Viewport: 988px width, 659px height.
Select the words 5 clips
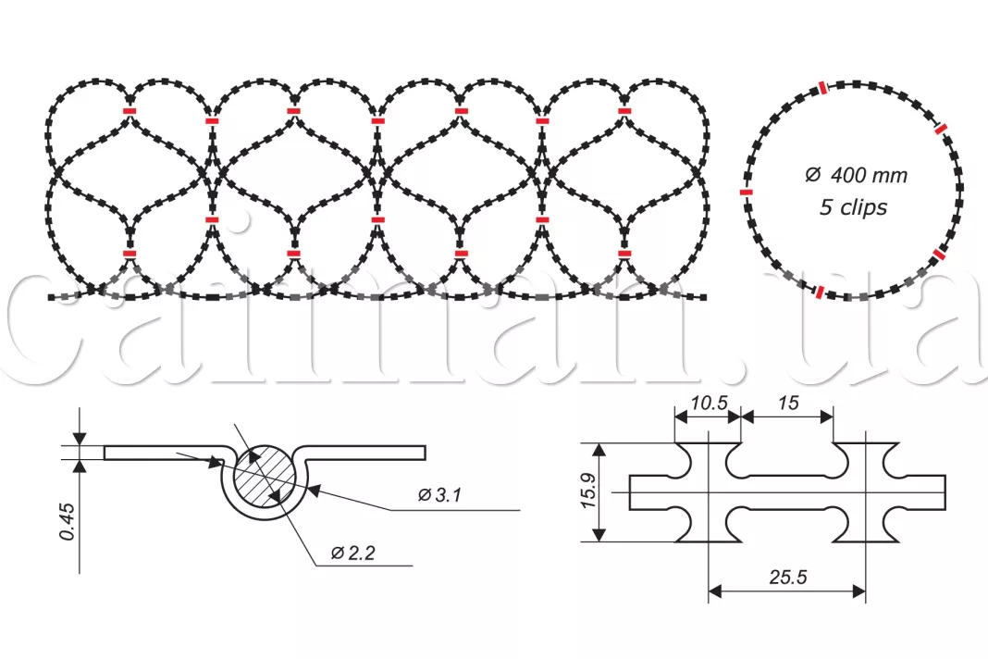853,207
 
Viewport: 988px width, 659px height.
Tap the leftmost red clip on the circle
747,192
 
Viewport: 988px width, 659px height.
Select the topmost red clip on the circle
821,88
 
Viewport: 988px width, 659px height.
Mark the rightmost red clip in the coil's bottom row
626,252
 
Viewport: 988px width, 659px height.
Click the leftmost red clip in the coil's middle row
212,219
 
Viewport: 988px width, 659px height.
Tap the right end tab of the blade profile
934,491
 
